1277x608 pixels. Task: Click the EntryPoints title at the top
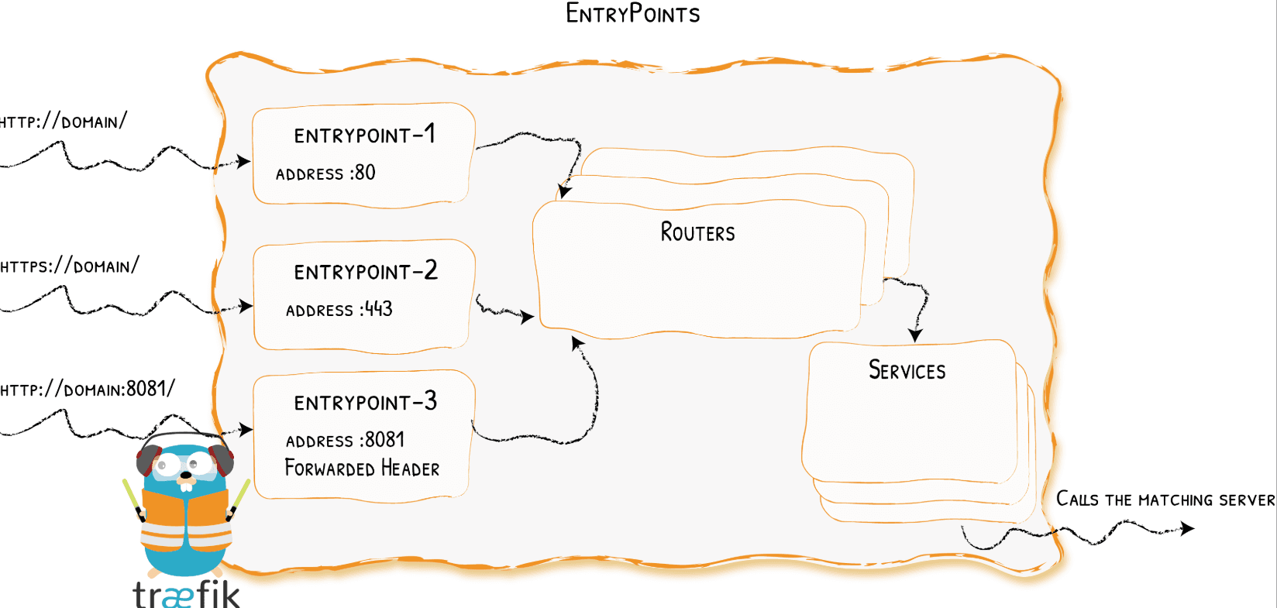click(x=632, y=14)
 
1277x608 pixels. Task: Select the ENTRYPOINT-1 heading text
click(x=364, y=135)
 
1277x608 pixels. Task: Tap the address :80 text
click(x=325, y=173)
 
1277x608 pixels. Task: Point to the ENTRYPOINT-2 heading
click(x=365, y=271)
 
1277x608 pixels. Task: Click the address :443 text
click(x=339, y=310)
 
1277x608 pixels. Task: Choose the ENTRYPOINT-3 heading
click(x=365, y=402)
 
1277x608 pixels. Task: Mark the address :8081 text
click(x=345, y=440)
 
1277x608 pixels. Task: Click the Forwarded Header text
click(x=362, y=469)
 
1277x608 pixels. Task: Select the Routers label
click(x=697, y=232)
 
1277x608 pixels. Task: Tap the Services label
click(x=907, y=370)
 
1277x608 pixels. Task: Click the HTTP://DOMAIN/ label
click(x=63, y=122)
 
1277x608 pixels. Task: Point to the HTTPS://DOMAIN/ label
click(x=69, y=266)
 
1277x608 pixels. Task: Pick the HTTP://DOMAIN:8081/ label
click(x=87, y=389)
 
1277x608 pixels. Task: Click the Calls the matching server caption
click(x=1165, y=500)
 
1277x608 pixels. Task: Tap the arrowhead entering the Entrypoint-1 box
click(x=244, y=161)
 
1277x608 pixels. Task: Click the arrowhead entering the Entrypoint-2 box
click(x=246, y=306)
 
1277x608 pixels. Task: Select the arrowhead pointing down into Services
click(x=915, y=335)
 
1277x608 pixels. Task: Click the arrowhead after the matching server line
click(x=1187, y=528)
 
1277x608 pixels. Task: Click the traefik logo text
click(x=186, y=594)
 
